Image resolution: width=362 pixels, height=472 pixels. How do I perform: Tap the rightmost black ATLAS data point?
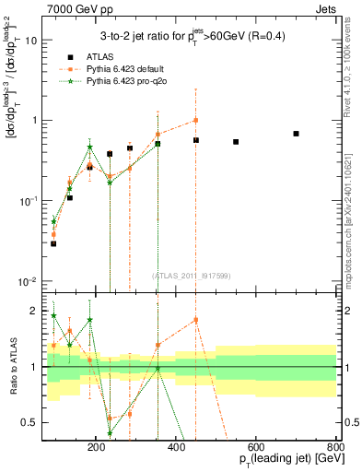(x=296, y=134)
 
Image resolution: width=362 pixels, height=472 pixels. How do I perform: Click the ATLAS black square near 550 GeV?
(x=236, y=142)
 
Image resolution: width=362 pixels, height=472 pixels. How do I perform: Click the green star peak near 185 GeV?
(x=89, y=147)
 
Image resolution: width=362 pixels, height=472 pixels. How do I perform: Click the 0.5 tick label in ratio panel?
(x=53, y=423)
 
